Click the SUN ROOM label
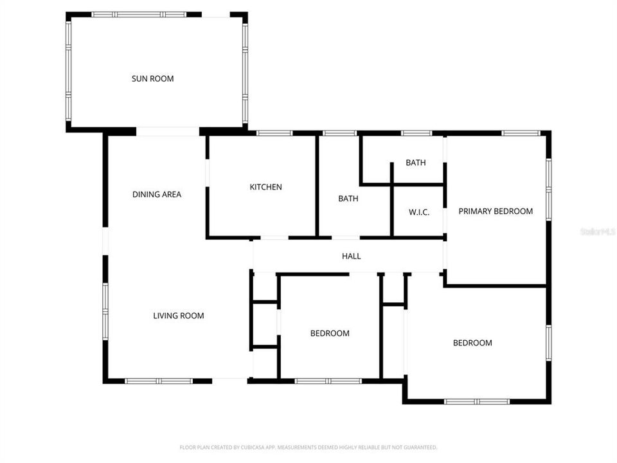(153, 79)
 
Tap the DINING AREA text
(157, 194)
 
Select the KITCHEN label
(266, 187)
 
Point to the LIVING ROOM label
(178, 316)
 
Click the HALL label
(351, 256)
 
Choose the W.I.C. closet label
(419, 212)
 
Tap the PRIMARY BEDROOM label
(495, 211)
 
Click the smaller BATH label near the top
(416, 163)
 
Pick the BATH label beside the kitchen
(348, 199)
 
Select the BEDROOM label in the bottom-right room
(472, 343)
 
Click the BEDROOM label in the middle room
(330, 333)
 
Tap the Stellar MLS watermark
(597, 231)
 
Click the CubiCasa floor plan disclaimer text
(308, 447)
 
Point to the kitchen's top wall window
(275, 133)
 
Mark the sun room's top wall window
(138, 14)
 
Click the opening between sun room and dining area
(168, 131)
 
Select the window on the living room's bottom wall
(158, 381)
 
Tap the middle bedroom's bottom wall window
(328, 381)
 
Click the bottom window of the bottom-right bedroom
(477, 402)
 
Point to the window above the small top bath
(416, 133)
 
